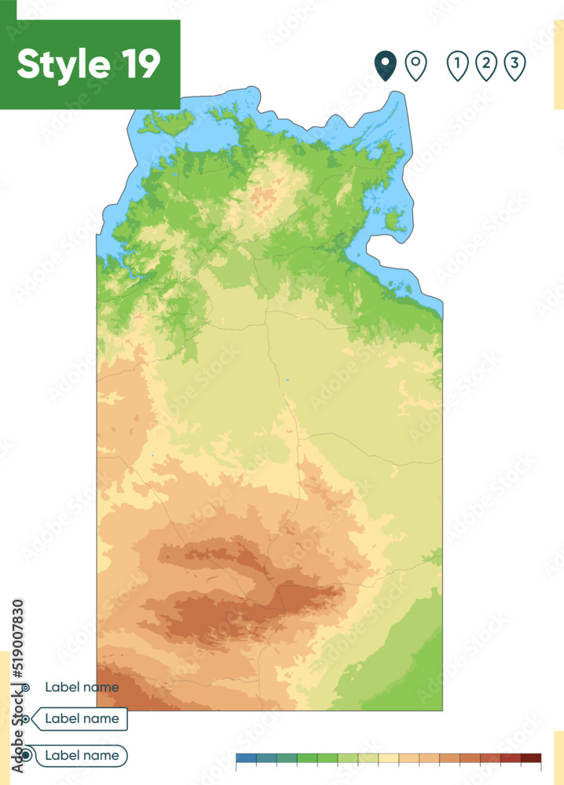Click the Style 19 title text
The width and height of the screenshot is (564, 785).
[89, 64]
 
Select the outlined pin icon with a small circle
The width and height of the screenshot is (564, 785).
[416, 65]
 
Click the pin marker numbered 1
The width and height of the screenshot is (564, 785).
[457, 65]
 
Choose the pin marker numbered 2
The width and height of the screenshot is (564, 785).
[486, 65]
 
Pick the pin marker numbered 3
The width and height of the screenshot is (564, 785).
[515, 65]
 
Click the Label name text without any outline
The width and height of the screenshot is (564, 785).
[82, 687]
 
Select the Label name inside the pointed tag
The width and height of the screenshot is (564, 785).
[82, 718]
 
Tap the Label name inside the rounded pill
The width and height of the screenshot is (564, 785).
[82, 755]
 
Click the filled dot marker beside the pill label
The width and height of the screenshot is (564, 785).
[26, 755]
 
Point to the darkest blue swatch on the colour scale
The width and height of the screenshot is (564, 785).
[246, 758]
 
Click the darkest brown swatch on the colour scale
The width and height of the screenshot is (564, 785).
[532, 758]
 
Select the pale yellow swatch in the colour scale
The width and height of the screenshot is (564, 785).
[389, 758]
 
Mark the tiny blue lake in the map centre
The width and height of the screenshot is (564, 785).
[287, 381]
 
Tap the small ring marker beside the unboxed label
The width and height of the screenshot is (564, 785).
[26, 688]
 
